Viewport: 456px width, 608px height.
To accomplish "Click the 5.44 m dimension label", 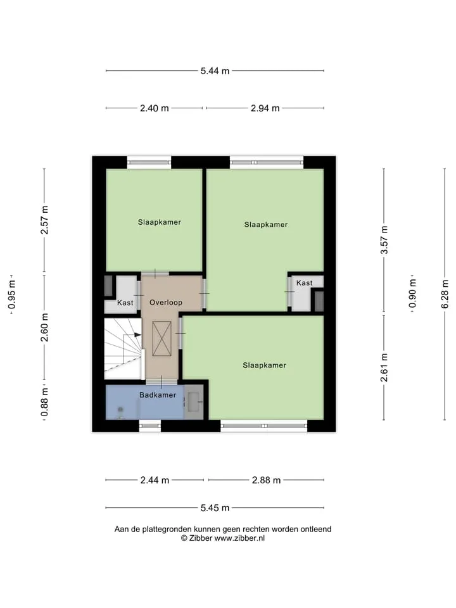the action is coord(215,71).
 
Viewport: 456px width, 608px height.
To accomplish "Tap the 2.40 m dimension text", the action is coord(155,108).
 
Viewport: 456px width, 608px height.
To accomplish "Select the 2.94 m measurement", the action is coord(265,108).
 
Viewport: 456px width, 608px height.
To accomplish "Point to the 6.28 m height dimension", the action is coord(445,294).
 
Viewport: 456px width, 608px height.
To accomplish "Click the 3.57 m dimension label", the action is coord(384,239).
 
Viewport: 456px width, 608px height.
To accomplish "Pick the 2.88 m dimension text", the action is coord(267,480).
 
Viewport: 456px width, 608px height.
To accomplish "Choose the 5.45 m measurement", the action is coord(215,508).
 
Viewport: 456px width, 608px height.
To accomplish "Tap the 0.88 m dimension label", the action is coord(44,402).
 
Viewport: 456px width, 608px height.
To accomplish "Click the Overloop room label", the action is coord(166,303).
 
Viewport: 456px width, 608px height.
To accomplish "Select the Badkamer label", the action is coord(158,395).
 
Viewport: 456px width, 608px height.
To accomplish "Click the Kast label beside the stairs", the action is coord(125,303).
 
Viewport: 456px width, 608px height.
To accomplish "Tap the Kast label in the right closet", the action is coord(305,283).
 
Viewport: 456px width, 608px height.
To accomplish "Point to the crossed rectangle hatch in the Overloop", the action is coord(161,338).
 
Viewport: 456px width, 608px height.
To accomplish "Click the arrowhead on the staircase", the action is coord(137,334).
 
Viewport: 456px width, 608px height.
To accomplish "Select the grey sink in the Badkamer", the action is coord(194,402).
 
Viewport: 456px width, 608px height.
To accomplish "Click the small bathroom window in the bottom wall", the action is coord(150,426).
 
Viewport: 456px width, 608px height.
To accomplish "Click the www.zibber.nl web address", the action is coord(239,538).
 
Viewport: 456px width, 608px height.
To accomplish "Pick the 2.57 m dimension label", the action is coord(44,220).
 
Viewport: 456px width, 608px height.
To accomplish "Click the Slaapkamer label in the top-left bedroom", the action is coord(160,222).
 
